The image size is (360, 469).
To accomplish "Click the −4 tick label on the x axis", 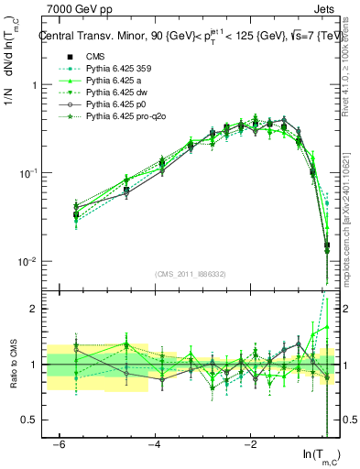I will (x=155, y=444).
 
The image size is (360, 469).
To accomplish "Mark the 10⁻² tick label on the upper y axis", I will (x=27, y=261).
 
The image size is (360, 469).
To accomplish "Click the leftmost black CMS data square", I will (x=76, y=214).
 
